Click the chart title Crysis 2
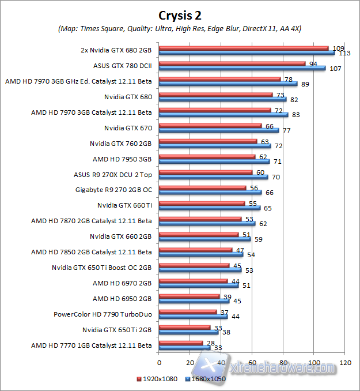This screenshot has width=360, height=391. pos(180,14)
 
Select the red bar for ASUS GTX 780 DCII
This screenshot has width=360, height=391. pos(232,63)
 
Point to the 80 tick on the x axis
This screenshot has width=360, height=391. pos(283,363)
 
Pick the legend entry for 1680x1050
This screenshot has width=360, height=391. pos(204,379)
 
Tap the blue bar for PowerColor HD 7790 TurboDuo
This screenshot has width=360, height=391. pos(194,317)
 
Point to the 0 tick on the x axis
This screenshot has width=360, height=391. pos(159,363)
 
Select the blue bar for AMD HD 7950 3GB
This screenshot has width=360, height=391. pos(214,161)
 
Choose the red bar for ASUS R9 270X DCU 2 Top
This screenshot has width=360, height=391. pos(206,172)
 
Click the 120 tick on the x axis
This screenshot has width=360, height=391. pos(346,363)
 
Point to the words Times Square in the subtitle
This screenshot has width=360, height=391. pos(108,28)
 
